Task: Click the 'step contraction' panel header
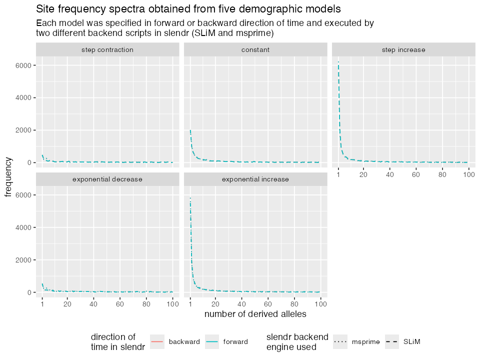pyautogui.click(x=107, y=49)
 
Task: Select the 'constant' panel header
pyautogui.click(x=255, y=49)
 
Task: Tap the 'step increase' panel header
pyautogui.click(x=403, y=49)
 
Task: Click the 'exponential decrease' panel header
pyautogui.click(x=107, y=179)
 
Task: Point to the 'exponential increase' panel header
pyautogui.click(x=255, y=179)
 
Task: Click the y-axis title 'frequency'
pyautogui.click(x=9, y=176)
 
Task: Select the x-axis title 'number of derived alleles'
pyautogui.click(x=255, y=314)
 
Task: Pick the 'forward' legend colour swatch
pyautogui.click(x=212, y=341)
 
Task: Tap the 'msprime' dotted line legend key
pyautogui.click(x=342, y=341)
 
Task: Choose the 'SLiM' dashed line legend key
pyautogui.click(x=392, y=341)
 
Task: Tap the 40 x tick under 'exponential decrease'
pyautogui.click(x=93, y=304)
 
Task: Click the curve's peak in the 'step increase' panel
pyautogui.click(x=338, y=62)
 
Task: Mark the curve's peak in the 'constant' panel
pyautogui.click(x=190, y=130)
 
